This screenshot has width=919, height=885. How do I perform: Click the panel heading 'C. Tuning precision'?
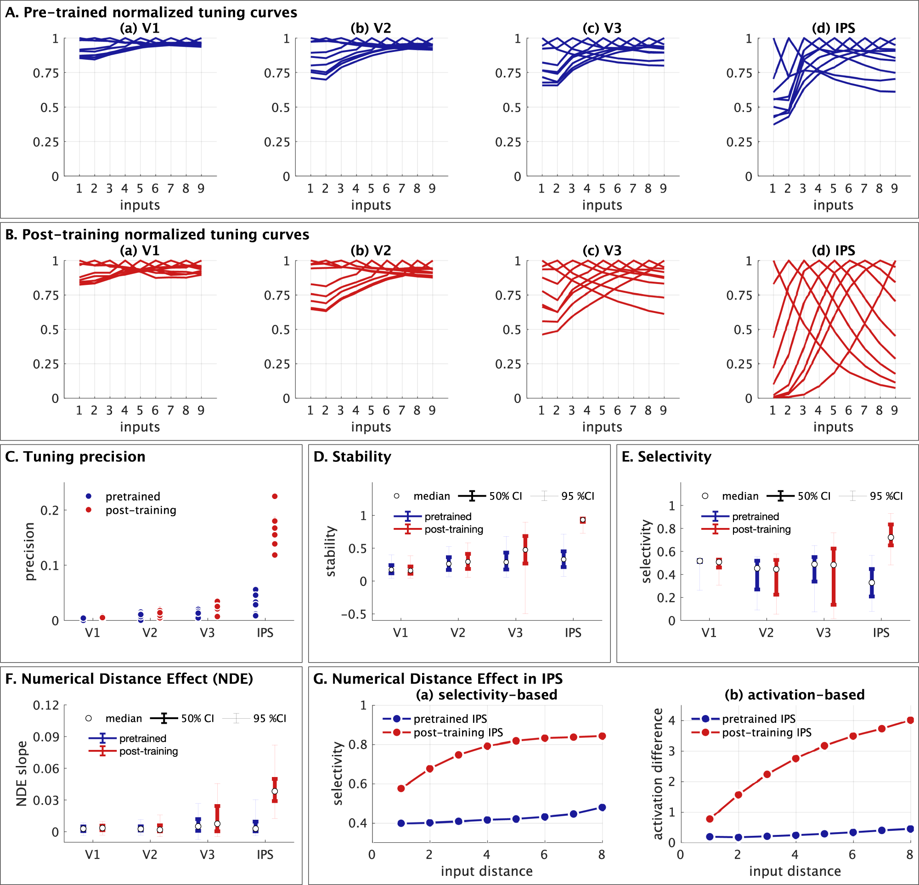[x=75, y=456]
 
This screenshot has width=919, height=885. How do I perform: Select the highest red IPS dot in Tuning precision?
[x=275, y=496]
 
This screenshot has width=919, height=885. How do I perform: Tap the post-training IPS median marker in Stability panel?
[x=582, y=520]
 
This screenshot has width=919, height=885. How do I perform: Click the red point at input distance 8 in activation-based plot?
[x=910, y=720]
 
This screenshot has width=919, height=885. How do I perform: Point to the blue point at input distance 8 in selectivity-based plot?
[x=602, y=807]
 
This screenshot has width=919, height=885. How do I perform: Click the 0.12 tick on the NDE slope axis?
[x=46, y=705]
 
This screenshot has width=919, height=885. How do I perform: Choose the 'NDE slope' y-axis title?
[x=22, y=773]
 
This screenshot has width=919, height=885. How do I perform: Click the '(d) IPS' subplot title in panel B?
[x=833, y=250]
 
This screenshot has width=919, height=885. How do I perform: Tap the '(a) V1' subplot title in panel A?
[x=140, y=28]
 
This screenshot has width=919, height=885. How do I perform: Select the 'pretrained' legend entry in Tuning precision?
[x=133, y=496]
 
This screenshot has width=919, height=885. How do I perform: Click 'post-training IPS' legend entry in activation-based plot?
[x=766, y=732]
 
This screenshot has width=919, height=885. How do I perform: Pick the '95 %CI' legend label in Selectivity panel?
[x=886, y=496]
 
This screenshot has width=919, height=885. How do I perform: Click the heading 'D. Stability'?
[x=352, y=456]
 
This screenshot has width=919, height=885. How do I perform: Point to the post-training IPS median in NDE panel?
[x=275, y=791]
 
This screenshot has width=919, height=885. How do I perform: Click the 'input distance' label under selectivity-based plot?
[x=486, y=871]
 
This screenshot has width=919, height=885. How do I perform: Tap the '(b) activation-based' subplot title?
[x=794, y=695]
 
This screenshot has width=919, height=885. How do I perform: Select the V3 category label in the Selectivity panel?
[x=823, y=633]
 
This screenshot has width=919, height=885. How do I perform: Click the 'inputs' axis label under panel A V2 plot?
[x=371, y=205]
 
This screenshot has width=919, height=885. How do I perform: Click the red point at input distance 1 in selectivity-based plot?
[x=401, y=789]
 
